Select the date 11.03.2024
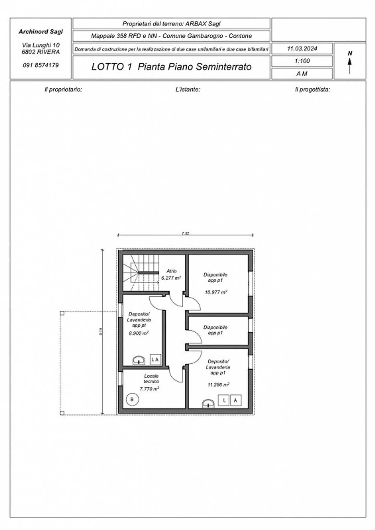point(302,49)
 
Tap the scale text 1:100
point(302,61)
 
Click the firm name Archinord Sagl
point(41,32)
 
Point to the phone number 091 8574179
point(41,65)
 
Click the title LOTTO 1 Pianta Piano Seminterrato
point(171,67)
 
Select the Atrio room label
point(171,271)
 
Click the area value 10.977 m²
point(216,292)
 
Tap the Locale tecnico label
point(151,379)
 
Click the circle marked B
point(132,399)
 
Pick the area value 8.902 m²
point(139,333)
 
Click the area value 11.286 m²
point(218,384)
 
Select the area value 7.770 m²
point(149,389)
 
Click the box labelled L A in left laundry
point(155,360)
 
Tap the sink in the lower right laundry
point(208,404)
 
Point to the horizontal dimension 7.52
point(185,233)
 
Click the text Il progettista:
point(312,90)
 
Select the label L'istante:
point(187,90)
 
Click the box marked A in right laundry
point(235,400)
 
